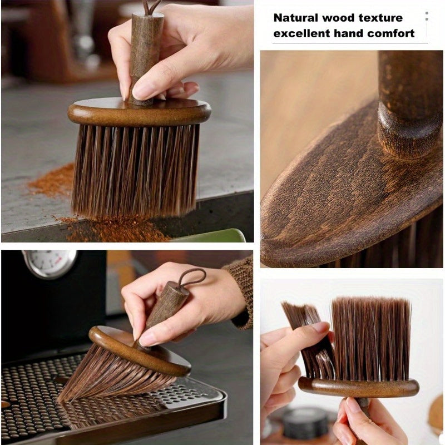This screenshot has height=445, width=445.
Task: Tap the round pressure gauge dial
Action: [50, 263]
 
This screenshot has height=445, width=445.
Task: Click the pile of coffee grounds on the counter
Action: [53, 181]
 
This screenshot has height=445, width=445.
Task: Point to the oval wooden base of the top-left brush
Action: [139, 113]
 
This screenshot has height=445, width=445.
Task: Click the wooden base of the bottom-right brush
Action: [358, 387]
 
